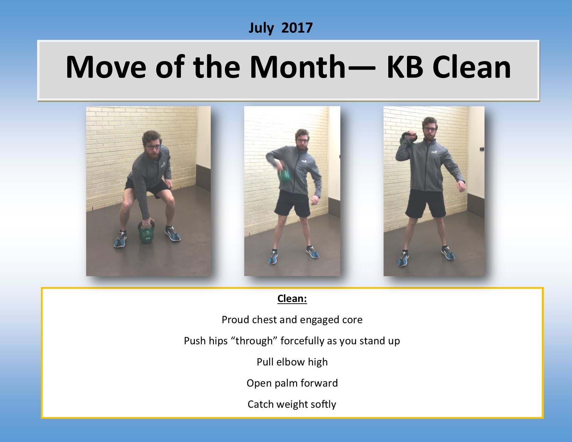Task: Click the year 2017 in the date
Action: (297, 28)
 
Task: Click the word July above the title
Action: (261, 28)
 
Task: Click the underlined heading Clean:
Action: (292, 298)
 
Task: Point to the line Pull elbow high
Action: (292, 362)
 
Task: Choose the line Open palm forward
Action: (292, 383)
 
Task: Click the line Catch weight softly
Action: (292, 404)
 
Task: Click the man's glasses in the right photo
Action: (430, 129)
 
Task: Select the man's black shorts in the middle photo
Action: (292, 204)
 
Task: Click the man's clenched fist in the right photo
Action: (461, 187)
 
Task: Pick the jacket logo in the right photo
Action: (434, 151)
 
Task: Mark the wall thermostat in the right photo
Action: (482, 149)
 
